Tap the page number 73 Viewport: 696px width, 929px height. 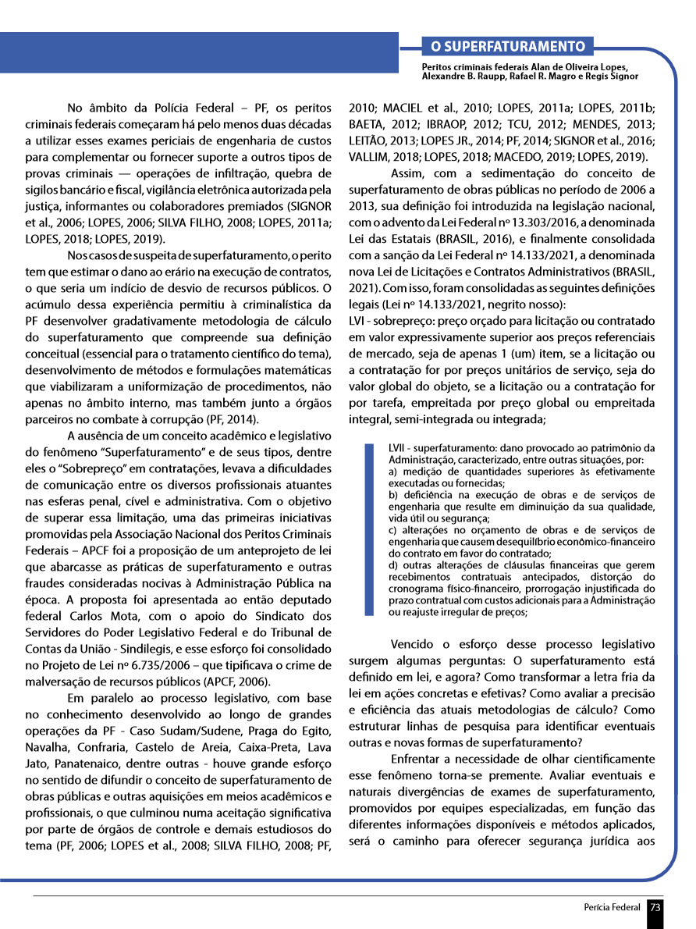655,907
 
